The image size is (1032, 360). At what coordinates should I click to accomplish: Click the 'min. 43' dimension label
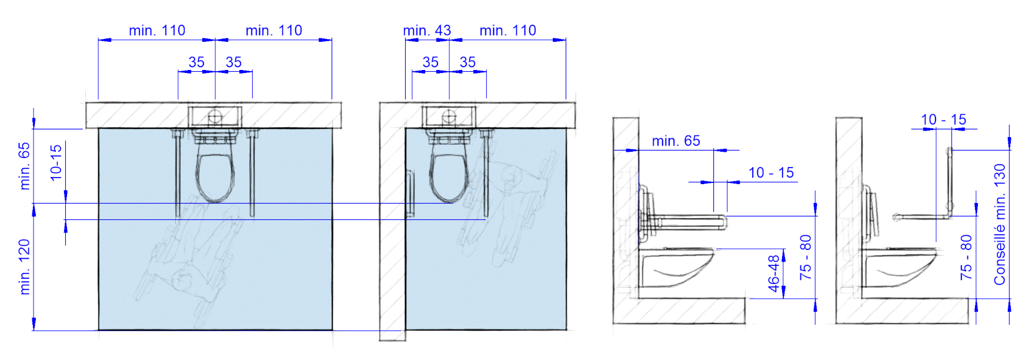[427, 31]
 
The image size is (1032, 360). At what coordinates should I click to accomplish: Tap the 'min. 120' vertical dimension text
[24, 266]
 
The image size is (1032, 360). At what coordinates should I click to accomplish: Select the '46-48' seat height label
[774, 272]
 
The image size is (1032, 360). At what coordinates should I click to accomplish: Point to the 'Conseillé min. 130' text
[1000, 225]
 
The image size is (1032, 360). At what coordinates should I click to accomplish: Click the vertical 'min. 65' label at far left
[24, 166]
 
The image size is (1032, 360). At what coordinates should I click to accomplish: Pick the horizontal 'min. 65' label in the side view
[676, 141]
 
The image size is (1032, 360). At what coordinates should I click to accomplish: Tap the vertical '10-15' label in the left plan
[56, 162]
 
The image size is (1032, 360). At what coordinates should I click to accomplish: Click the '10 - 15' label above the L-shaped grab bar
[943, 120]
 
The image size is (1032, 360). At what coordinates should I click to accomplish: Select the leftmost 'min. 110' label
[157, 31]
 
